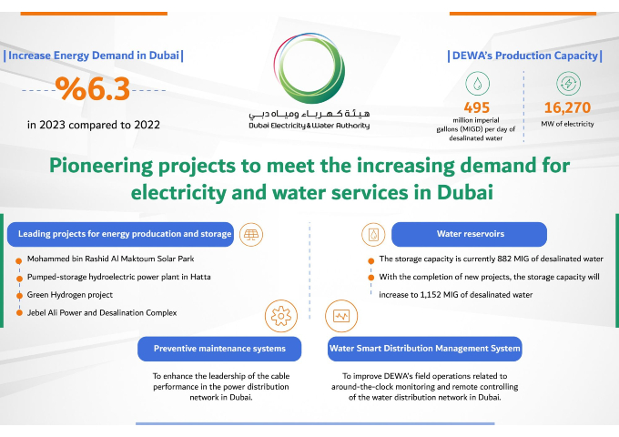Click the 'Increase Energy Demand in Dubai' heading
94,56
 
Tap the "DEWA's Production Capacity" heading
525,56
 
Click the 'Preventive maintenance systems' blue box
219,348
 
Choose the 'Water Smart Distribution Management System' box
424,348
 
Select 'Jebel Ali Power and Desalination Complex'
101,312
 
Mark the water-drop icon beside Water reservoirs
373,234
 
